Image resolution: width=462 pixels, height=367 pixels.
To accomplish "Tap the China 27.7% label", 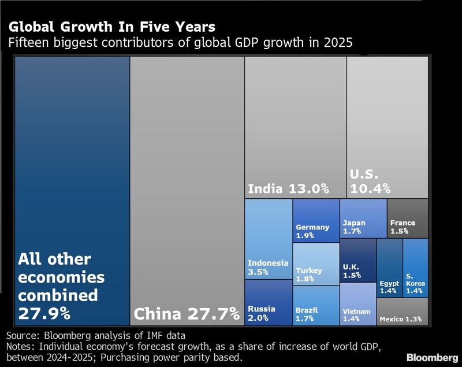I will click(186, 314).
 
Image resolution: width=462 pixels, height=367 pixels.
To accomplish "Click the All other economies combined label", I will click(62, 286).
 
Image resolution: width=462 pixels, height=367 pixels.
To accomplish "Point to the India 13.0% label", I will click(288, 188).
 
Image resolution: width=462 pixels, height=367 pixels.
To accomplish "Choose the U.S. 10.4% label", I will click(370, 181).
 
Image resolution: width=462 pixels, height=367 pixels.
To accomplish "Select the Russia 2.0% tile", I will click(268, 303).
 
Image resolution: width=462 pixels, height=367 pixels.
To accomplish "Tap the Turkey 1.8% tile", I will click(316, 264).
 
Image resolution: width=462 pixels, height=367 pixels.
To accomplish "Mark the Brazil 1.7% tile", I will click(316, 306).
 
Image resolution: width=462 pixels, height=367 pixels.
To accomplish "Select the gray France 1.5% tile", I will click(407, 218).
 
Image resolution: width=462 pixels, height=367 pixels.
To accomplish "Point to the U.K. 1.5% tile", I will click(357, 260).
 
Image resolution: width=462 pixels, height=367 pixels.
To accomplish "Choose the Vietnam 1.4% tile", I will click(357, 305).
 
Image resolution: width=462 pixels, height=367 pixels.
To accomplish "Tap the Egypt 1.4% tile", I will click(389, 268).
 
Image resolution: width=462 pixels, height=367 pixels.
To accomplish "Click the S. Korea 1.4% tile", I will click(415, 268).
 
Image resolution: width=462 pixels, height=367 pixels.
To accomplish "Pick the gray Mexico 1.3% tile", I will click(402, 312).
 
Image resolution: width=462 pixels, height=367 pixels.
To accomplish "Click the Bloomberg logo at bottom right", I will click(431, 357).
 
